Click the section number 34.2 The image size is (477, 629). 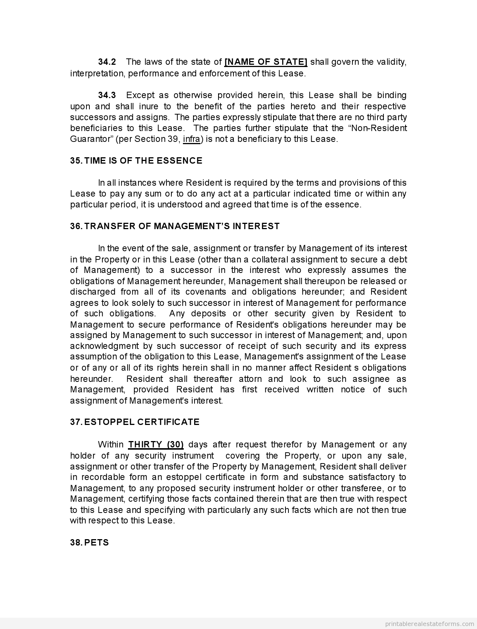point(107,62)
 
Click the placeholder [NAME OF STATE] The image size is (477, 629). point(266,62)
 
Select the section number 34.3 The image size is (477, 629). point(107,95)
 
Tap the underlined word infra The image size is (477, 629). point(192,139)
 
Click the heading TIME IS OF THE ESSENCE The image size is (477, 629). point(143,161)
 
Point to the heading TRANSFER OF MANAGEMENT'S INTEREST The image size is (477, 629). point(182,226)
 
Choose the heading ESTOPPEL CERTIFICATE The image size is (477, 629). point(142,422)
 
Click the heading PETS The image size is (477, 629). point(97,543)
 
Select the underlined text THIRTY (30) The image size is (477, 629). point(156,444)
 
